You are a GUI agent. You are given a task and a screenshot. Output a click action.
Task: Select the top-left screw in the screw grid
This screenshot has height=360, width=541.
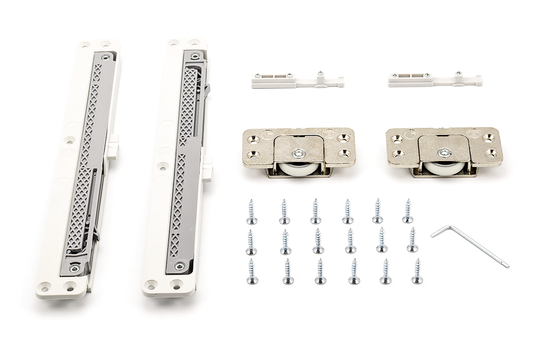pos(251,213)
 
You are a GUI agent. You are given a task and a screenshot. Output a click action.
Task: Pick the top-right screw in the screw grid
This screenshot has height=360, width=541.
pos(407,211)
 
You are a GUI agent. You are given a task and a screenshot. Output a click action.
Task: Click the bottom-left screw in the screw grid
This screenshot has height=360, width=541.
pos(252,272)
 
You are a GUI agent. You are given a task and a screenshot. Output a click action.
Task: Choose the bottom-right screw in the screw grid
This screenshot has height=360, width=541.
pos(417,271)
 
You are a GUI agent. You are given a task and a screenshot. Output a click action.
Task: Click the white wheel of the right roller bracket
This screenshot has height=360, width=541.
pos(444,168)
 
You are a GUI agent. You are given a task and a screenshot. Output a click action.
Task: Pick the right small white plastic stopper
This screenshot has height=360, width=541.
pos(434,80)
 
